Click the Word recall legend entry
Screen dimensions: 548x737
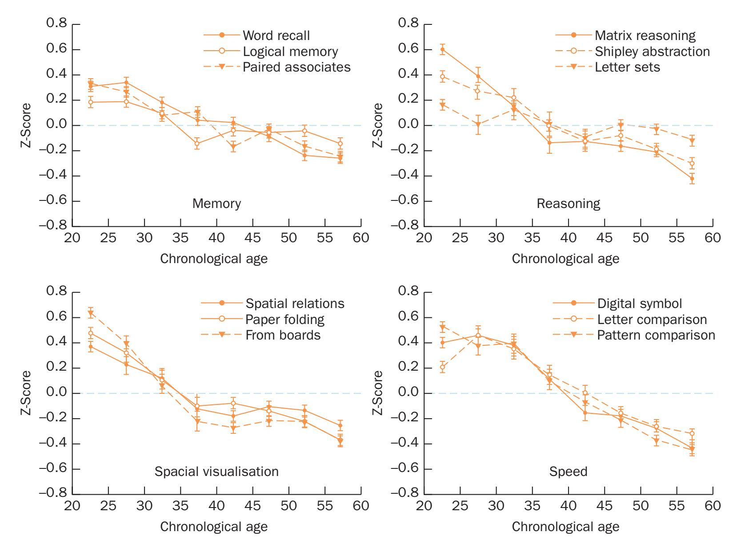[x=276, y=35]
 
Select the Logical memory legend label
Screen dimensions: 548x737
[x=290, y=52]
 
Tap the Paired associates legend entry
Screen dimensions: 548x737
[x=296, y=67]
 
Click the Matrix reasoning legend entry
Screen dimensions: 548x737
[x=645, y=35]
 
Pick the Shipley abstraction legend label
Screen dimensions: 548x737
[x=652, y=52]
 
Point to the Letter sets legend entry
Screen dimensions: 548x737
[x=627, y=67]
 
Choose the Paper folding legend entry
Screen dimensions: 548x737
[x=284, y=319]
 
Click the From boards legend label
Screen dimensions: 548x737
[x=283, y=335]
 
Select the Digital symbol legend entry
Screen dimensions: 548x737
[x=639, y=304]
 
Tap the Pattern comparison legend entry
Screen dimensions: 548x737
[x=656, y=335]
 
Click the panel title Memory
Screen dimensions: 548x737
[x=216, y=204]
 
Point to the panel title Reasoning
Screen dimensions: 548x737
[x=568, y=204]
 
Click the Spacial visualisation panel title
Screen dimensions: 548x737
[x=216, y=472]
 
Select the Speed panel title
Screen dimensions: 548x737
[x=568, y=472]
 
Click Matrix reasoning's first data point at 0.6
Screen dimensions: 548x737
[x=442, y=49]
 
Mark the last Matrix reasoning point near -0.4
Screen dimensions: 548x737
[x=692, y=179]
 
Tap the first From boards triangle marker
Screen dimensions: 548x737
[x=91, y=313]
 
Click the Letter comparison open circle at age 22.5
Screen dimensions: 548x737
[x=442, y=367]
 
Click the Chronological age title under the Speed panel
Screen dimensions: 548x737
[x=565, y=527]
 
